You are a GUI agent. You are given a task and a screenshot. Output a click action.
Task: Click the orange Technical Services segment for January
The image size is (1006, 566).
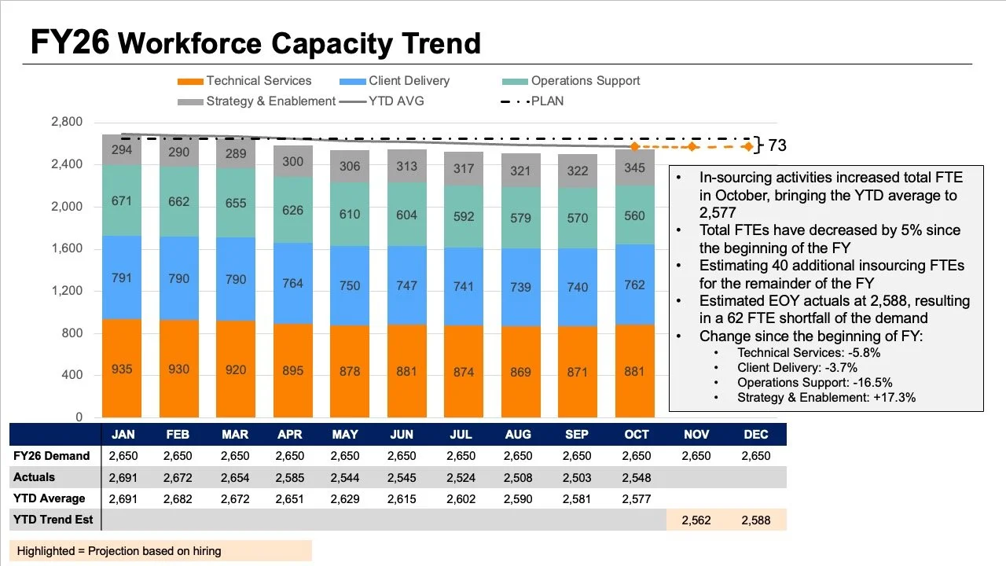tap(122, 369)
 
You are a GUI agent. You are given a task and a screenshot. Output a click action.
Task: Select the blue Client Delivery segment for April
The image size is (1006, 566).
tap(293, 284)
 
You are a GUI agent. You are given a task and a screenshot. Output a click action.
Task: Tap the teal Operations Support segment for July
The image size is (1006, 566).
tap(464, 216)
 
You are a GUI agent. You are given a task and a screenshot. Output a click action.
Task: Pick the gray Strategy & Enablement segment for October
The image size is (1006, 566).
tap(634, 167)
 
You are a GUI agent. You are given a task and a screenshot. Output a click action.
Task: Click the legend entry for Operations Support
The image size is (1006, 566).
tap(571, 81)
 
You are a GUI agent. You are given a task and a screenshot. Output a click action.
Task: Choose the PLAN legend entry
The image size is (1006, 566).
tap(532, 101)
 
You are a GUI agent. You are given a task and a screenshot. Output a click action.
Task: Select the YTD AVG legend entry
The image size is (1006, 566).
tap(382, 101)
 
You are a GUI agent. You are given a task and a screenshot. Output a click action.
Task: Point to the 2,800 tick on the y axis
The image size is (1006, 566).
tap(67, 122)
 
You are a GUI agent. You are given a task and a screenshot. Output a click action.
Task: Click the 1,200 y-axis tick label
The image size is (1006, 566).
tap(67, 291)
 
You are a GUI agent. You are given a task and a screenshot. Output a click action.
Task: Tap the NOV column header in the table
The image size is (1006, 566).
tap(696, 435)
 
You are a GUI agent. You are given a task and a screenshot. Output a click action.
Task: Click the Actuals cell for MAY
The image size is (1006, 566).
tap(345, 477)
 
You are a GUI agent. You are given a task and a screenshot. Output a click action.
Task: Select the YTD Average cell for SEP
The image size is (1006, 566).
tap(577, 498)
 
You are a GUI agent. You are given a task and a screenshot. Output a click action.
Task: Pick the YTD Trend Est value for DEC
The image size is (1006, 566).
tap(756, 520)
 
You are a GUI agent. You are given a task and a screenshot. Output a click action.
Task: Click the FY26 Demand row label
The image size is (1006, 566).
tap(52, 456)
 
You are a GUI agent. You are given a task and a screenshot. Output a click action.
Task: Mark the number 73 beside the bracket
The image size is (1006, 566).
tap(777, 145)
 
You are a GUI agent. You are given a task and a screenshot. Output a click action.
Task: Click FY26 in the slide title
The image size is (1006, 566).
tap(70, 42)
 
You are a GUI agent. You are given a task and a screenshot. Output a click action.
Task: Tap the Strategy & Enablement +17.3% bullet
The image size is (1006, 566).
tap(826, 398)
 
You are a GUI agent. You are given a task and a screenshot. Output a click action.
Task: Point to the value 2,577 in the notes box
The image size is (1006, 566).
tap(718, 212)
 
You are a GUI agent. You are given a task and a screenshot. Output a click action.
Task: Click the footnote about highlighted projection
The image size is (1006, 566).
tap(119, 551)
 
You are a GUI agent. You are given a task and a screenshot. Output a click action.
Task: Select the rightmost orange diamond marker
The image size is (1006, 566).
tap(748, 146)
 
